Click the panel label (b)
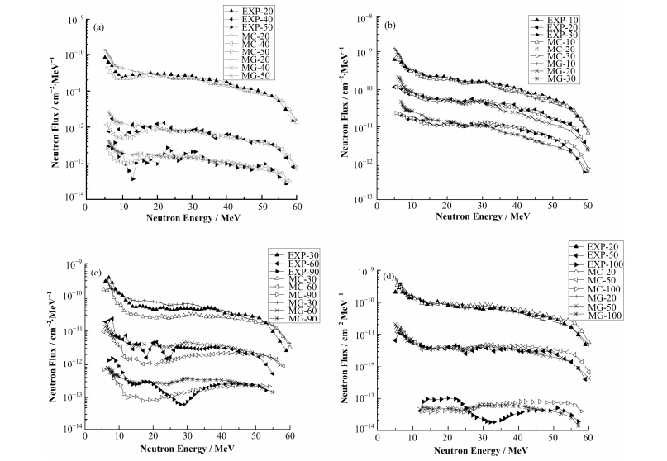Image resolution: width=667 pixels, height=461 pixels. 390,26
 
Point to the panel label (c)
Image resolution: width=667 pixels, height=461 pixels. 98,270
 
